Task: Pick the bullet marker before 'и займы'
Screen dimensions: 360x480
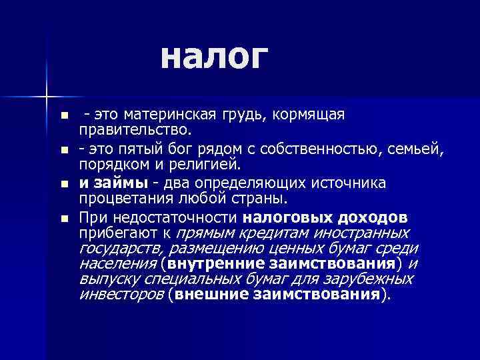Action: click(x=63, y=184)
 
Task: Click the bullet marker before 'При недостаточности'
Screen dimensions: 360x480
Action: click(x=63, y=218)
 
